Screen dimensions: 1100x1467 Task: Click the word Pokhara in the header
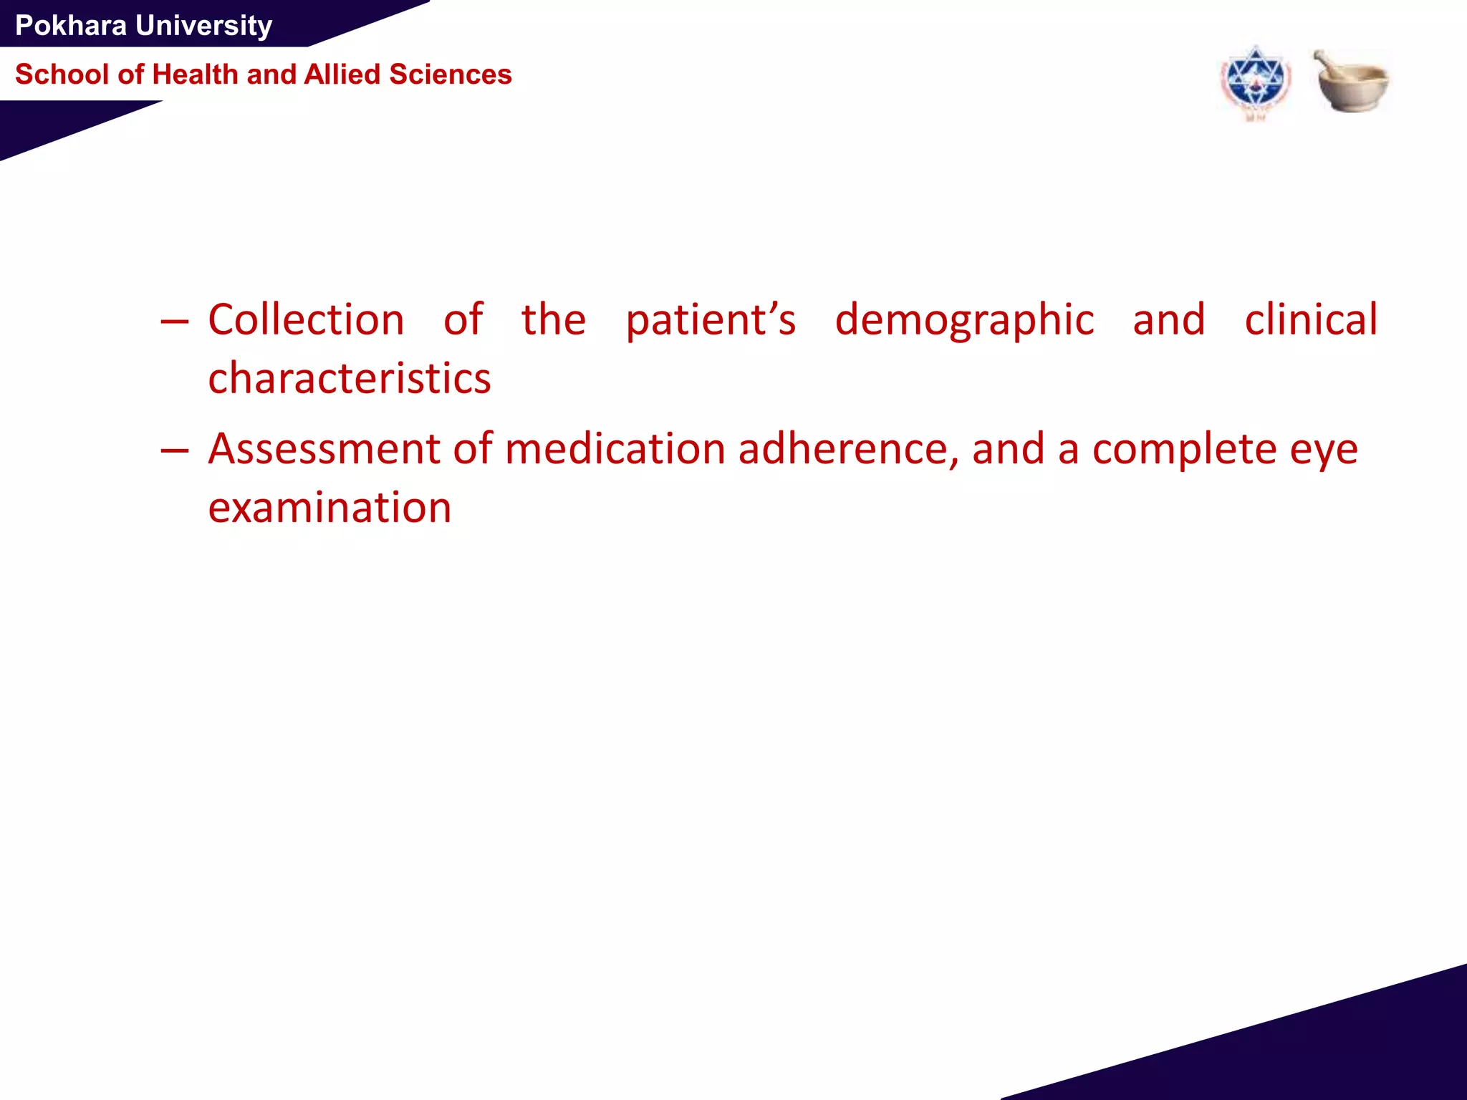click(x=71, y=26)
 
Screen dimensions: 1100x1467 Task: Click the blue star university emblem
click(x=1255, y=83)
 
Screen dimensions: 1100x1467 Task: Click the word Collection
click(x=306, y=320)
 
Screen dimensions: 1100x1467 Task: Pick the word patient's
click(x=710, y=320)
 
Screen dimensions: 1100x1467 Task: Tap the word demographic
click(x=964, y=322)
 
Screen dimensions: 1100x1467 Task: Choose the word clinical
click(x=1310, y=320)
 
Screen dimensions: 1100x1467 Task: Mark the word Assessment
click(x=324, y=449)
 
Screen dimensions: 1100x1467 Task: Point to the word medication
click(x=615, y=449)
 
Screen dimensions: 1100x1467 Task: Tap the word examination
click(x=330, y=508)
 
